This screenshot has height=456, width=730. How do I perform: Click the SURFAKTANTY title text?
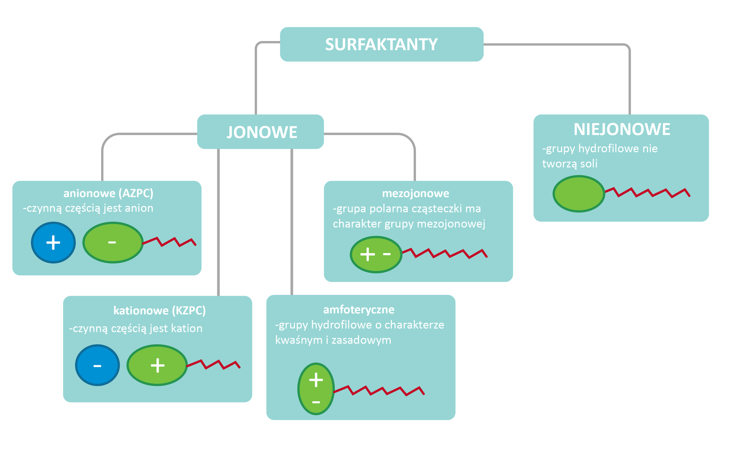tap(381, 44)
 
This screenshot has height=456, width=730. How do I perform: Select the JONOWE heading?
tap(262, 132)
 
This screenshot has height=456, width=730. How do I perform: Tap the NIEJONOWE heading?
tap(622, 130)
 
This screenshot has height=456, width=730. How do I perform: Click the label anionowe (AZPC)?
tap(108, 193)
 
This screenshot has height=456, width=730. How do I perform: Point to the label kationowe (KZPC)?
tap(159, 311)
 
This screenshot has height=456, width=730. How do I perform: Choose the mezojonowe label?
tap(416, 193)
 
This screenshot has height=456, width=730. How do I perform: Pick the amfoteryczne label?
tap(359, 310)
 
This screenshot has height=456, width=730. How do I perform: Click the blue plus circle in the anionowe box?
tap(53, 242)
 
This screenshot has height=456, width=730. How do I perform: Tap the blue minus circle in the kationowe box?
tap(97, 365)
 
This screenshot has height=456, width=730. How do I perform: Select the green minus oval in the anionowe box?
tap(113, 242)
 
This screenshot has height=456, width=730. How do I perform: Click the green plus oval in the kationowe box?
tap(157, 365)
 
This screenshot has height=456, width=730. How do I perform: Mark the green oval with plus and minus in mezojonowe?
tap(376, 254)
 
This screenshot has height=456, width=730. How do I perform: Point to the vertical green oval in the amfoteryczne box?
tap(316, 389)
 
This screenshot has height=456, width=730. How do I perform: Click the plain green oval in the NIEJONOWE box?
tap(579, 193)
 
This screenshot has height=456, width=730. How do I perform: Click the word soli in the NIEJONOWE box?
tap(589, 164)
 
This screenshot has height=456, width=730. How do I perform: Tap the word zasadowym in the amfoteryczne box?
tap(361, 340)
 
